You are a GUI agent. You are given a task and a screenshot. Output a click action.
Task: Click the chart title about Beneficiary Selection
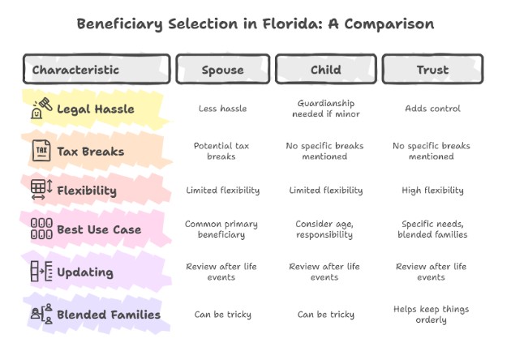pos(255,24)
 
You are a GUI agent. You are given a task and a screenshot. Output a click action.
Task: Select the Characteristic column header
pos(97,69)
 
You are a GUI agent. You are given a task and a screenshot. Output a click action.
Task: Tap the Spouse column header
pos(222,69)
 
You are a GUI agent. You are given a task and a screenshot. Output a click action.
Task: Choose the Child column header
pos(324,69)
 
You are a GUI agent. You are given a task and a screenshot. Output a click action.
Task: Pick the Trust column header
pos(432,69)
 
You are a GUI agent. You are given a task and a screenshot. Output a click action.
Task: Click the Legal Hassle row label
pos(96,109)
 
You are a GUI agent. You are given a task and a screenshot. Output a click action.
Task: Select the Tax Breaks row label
pos(91,150)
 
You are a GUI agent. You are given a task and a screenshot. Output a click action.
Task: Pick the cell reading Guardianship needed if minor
pos(324,109)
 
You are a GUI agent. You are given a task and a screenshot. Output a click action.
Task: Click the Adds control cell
pos(432,109)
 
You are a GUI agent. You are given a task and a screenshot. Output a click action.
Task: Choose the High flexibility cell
pos(432,191)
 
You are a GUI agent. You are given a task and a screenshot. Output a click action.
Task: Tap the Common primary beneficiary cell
pos(222,229)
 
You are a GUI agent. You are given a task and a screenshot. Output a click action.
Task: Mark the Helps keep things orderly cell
pos(432,314)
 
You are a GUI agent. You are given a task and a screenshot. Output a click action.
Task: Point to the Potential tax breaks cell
pos(222,151)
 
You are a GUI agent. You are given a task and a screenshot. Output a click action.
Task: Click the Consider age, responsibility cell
pos(324,229)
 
